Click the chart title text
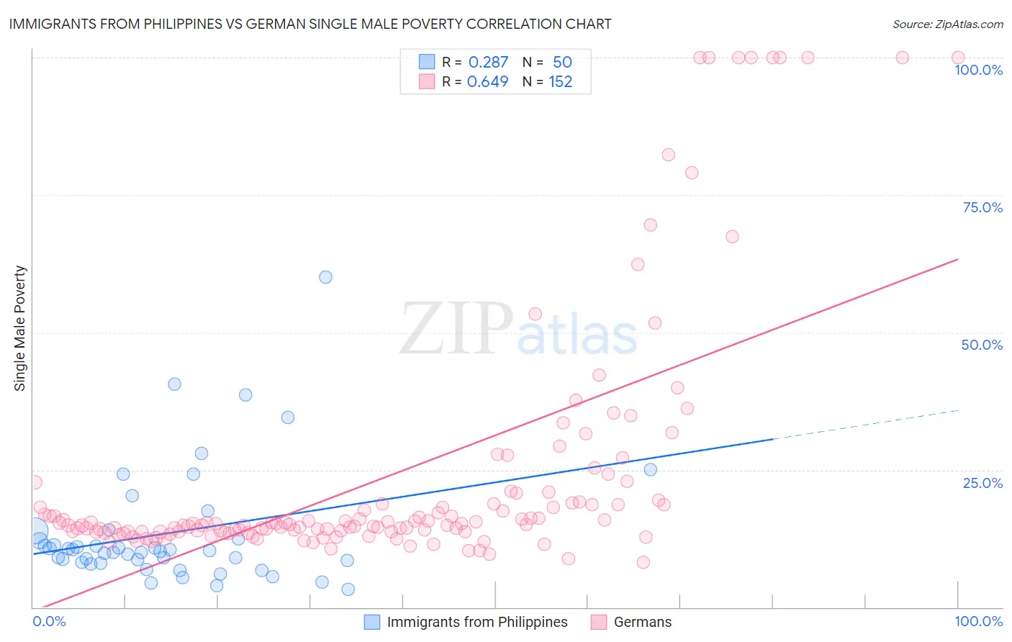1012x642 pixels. click(x=310, y=24)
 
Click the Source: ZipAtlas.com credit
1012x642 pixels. click(x=947, y=24)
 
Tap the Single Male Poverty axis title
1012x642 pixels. click(x=20, y=328)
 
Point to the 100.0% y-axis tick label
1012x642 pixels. click(x=978, y=70)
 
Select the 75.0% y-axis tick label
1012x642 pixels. click(x=982, y=207)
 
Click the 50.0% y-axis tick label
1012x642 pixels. click(x=982, y=345)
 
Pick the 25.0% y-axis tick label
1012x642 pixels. click(x=982, y=483)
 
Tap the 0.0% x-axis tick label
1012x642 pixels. click(x=49, y=621)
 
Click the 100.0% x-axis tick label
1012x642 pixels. click(x=978, y=621)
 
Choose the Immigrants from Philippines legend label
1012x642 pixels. click(x=476, y=622)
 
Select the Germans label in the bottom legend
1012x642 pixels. click(x=642, y=622)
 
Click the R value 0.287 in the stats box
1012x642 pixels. click(x=488, y=62)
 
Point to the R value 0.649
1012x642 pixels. click(x=488, y=81)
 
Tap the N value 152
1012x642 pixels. click(x=560, y=81)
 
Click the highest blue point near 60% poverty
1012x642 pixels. click(x=325, y=277)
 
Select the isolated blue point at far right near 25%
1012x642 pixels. click(x=650, y=469)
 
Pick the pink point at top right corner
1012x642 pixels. click(x=958, y=58)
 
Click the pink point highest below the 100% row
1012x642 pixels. click(x=668, y=155)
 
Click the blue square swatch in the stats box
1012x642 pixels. click(x=427, y=62)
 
